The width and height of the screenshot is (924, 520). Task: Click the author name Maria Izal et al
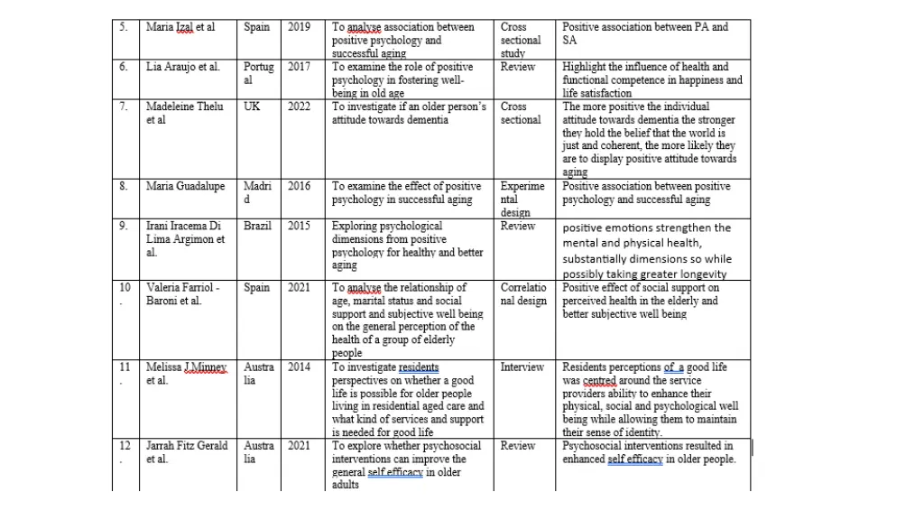coord(180,27)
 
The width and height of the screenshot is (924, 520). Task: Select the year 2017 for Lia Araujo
coord(299,67)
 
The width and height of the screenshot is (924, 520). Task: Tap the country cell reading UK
coord(252,107)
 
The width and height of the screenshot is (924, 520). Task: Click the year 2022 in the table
coord(299,107)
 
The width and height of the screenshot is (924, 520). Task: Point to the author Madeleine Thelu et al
coord(184,113)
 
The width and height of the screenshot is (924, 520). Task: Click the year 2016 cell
coord(299,186)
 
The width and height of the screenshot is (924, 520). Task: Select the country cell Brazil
coord(257,226)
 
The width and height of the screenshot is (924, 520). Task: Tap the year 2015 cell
coord(299,226)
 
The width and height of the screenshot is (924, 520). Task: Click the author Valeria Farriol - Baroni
coord(184,294)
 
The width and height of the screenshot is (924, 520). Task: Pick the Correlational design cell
coord(523,294)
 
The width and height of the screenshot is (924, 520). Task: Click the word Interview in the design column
coord(522,367)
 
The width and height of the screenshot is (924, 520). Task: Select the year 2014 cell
coord(299,367)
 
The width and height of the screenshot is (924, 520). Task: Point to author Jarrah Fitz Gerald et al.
coord(187,452)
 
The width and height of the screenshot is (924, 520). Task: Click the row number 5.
coord(125,27)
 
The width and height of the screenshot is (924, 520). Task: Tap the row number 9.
coord(125,226)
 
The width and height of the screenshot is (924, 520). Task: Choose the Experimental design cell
coord(522,199)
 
